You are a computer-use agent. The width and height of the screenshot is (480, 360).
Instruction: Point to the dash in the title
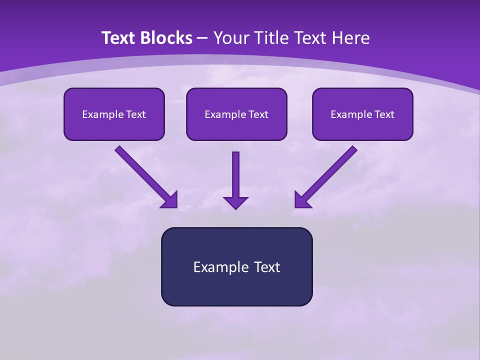202,38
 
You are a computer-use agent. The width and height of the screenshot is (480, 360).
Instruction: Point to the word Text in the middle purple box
257,114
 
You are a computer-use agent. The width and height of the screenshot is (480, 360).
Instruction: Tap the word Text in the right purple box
383,114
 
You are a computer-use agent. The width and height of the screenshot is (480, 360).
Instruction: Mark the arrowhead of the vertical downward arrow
235,202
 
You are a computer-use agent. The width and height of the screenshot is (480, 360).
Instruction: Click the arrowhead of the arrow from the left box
170,200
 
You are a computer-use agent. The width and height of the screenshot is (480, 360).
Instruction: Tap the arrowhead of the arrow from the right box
301,200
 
